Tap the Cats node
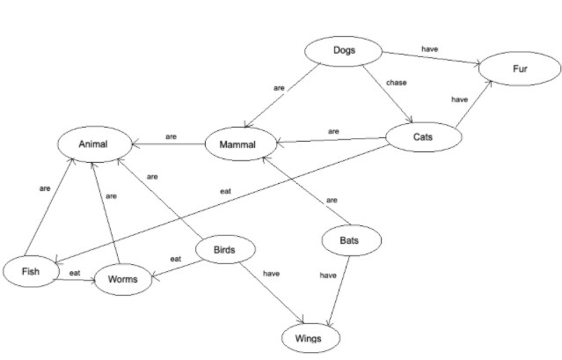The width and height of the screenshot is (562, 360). pos(423,138)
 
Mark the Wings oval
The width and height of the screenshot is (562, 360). pos(309,338)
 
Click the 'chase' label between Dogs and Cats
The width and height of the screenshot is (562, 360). pos(397,84)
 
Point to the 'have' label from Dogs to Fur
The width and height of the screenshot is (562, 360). pos(429,50)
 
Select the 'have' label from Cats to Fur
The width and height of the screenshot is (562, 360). pos(459,100)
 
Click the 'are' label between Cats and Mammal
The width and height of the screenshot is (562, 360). pos(333,131)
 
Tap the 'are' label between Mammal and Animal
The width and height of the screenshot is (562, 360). pos(171,136)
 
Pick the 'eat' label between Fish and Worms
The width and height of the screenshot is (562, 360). pos(75,274)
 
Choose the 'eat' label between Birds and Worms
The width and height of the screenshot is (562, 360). pos(175,259)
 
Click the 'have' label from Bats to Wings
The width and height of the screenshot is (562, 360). pos(328,276)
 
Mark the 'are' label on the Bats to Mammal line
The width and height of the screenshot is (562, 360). pos(332,201)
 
